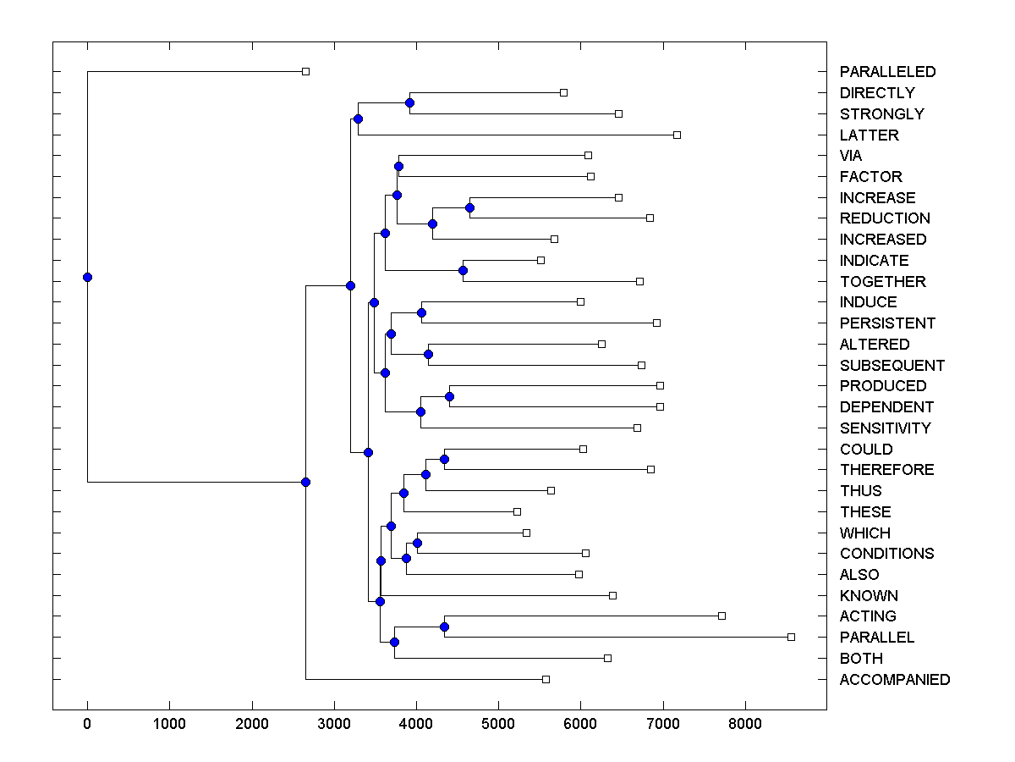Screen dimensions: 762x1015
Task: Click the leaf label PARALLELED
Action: (887, 72)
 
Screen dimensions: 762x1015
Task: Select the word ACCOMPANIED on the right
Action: (894, 680)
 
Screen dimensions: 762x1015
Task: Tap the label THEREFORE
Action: (886, 470)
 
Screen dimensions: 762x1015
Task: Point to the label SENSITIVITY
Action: (885, 428)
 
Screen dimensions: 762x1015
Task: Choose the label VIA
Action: (851, 156)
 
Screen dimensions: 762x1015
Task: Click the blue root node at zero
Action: (87, 277)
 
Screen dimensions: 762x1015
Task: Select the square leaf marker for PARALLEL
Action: (791, 637)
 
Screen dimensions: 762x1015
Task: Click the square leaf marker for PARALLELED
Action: (306, 72)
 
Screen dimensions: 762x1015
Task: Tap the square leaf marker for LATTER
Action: (677, 135)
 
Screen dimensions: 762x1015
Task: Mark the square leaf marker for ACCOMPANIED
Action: (546, 679)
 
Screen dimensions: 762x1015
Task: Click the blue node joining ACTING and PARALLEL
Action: (444, 627)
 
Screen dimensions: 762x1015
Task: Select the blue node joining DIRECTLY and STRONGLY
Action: (409, 102)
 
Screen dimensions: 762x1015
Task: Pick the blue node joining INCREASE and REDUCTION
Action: (469, 207)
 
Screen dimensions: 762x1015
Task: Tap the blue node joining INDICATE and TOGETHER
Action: (463, 270)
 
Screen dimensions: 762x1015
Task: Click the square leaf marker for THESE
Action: (517, 511)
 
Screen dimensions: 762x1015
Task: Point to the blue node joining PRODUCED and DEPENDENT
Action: (449, 396)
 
